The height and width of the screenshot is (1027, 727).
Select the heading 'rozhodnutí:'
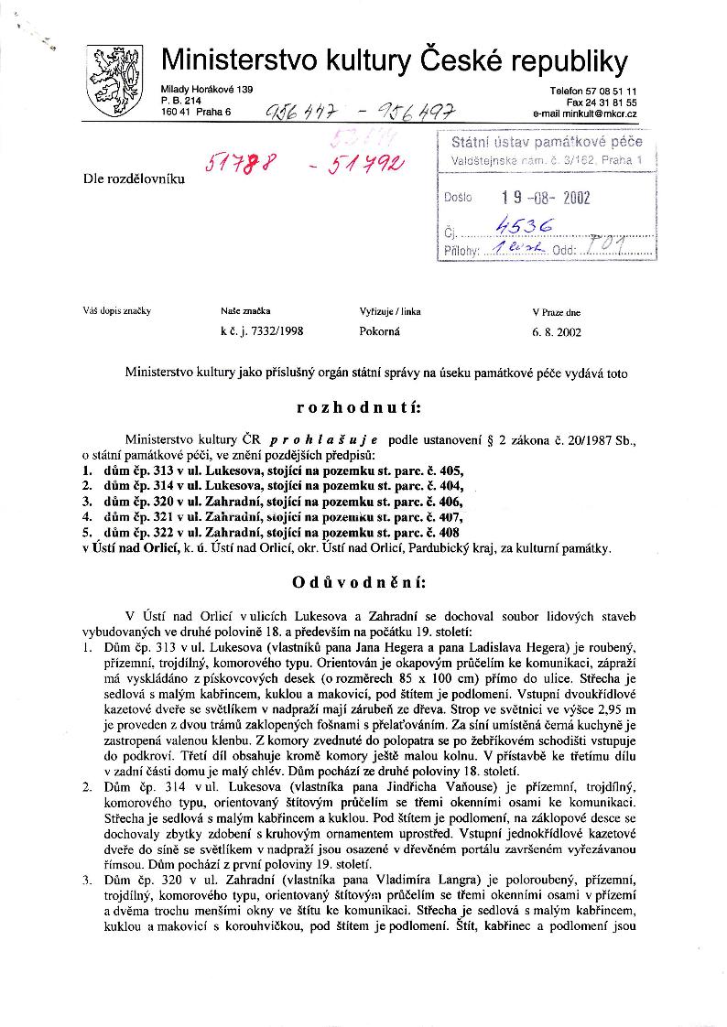click(x=363, y=407)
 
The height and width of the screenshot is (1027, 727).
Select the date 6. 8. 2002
click(x=556, y=333)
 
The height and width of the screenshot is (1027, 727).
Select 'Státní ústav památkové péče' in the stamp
click(x=547, y=142)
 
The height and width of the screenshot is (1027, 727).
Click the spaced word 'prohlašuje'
click(x=331, y=439)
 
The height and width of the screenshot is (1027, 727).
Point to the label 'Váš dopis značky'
click(x=116, y=311)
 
